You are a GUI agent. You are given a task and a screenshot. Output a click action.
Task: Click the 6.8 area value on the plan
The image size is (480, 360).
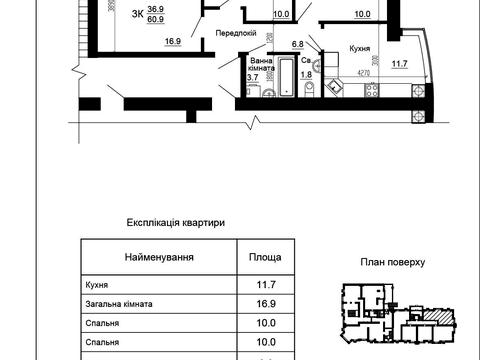click(x=297, y=44)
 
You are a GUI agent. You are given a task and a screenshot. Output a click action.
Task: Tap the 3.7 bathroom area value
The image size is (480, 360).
click(x=253, y=76)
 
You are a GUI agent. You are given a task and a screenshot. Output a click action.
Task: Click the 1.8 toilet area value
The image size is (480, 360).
click(x=307, y=75)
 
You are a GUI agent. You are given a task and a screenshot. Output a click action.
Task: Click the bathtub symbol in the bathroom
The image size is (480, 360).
click(x=286, y=79)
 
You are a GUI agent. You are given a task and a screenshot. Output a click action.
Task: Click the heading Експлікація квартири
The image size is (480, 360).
click(x=177, y=223)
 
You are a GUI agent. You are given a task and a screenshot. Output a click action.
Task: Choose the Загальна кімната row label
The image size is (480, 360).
click(x=116, y=309)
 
